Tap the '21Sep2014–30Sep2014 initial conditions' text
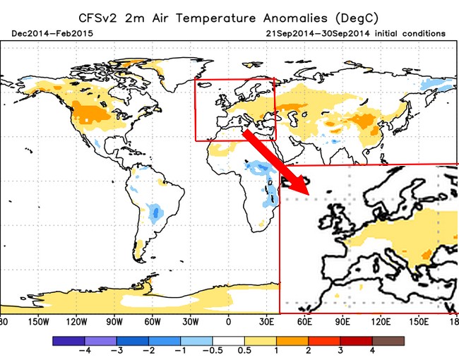(356, 33)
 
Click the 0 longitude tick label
(228, 321)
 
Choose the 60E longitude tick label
(305, 321)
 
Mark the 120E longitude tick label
(381, 321)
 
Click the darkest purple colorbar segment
(67, 340)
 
